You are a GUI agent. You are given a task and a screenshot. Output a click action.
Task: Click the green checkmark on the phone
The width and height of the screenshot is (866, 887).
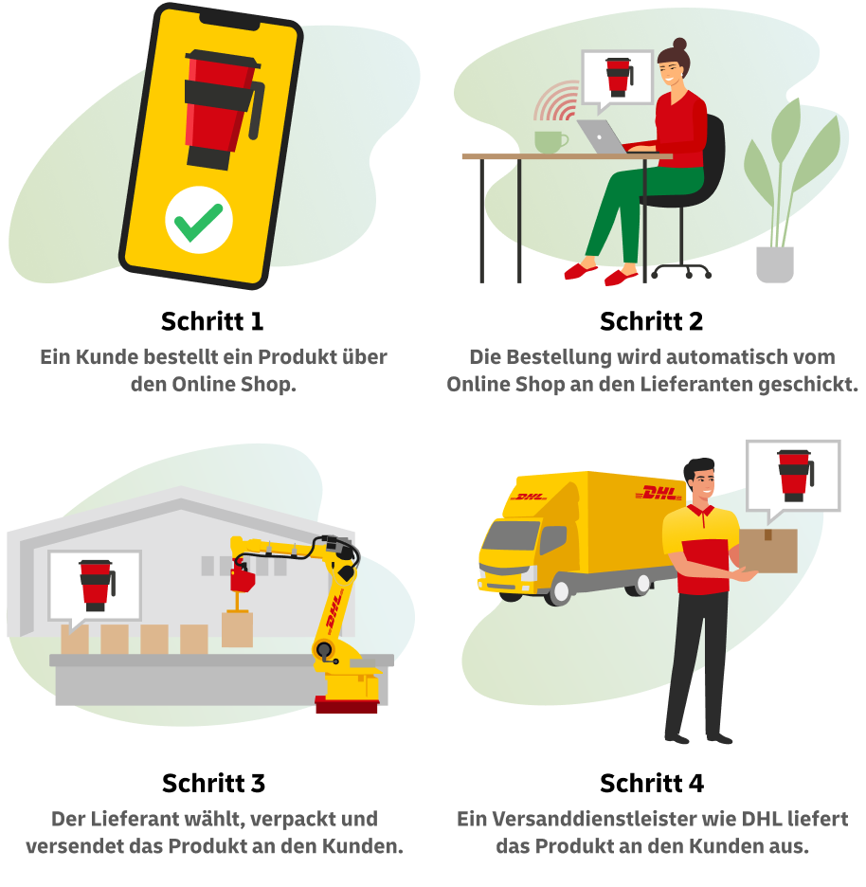click(x=199, y=221)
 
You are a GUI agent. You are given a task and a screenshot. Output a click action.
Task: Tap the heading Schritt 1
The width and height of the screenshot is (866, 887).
click(x=212, y=321)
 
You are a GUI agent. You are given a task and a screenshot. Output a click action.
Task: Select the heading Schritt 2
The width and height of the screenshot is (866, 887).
click(x=651, y=321)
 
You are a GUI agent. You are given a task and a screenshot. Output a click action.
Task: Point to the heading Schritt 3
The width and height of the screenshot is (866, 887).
click(x=213, y=784)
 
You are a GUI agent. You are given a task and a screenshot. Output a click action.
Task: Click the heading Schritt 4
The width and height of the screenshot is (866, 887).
click(x=652, y=784)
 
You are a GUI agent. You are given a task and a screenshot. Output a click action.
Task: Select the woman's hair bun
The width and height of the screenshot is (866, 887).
click(x=679, y=45)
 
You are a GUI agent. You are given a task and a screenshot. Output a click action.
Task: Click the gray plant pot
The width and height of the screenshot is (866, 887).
click(x=775, y=264)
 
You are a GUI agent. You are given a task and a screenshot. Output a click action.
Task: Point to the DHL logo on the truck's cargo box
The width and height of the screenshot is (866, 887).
click(x=658, y=493)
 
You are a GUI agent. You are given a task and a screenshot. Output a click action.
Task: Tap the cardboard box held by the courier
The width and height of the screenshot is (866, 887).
click(x=768, y=551)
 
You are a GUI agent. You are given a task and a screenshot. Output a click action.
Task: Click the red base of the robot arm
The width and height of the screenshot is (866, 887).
click(x=346, y=705)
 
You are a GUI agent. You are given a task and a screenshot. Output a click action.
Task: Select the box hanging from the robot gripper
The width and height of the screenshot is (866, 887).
click(x=237, y=629)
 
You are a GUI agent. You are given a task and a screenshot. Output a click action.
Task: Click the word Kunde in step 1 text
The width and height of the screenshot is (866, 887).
click(x=107, y=357)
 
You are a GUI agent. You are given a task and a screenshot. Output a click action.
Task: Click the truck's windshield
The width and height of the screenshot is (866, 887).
click(x=510, y=535)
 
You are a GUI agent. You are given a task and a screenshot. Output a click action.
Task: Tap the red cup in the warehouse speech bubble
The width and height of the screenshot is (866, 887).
click(x=96, y=586)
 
